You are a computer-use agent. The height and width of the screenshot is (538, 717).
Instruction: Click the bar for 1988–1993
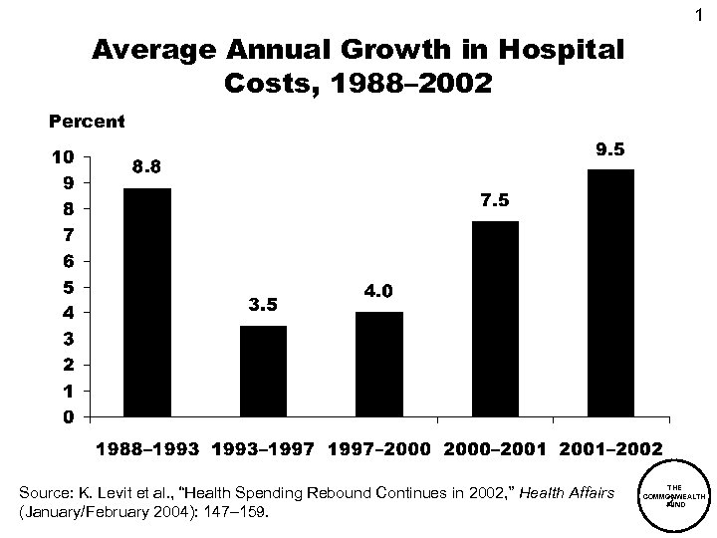pyautogui.click(x=146, y=302)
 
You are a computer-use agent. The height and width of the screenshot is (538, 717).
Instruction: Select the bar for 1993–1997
pyautogui.click(x=263, y=371)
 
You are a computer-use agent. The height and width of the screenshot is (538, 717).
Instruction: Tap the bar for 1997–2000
pyautogui.click(x=379, y=364)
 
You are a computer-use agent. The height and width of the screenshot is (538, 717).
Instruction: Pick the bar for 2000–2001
pyautogui.click(x=495, y=319)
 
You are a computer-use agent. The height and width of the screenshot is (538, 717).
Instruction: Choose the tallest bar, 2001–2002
pyautogui.click(x=610, y=293)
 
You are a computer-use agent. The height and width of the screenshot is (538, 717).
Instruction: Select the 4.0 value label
pyautogui.click(x=379, y=292)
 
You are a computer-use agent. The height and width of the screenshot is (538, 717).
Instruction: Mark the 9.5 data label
pyautogui.click(x=610, y=150)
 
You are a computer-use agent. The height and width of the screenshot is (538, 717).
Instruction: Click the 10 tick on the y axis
pyautogui.click(x=62, y=157)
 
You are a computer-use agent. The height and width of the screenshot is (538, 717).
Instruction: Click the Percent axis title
pyautogui.click(x=87, y=123)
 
